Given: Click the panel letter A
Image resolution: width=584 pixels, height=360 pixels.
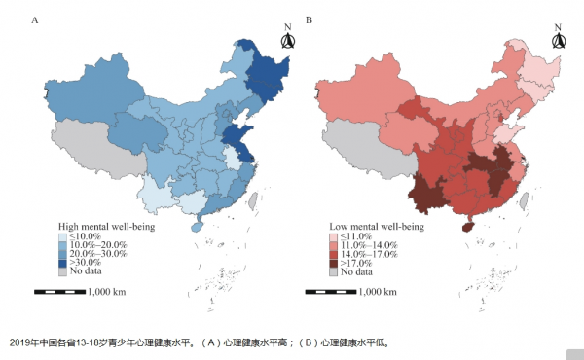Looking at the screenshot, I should click(x=36, y=19).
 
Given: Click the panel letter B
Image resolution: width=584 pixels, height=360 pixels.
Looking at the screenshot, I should click(x=309, y=19).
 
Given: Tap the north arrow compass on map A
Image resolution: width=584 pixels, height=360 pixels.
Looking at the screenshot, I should click(x=287, y=39).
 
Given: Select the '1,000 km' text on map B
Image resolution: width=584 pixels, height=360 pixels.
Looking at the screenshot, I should click(x=382, y=291).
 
